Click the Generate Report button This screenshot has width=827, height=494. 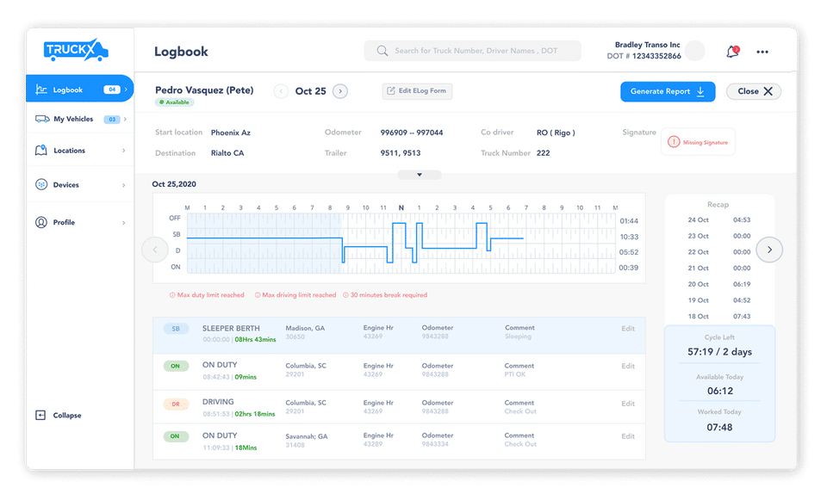[x=668, y=91]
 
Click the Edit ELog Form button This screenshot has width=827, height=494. [x=417, y=91]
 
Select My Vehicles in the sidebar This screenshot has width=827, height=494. [x=73, y=119]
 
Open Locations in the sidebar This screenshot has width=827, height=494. [x=69, y=151]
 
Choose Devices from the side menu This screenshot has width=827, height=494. [x=66, y=185]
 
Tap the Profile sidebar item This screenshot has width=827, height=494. [x=64, y=222]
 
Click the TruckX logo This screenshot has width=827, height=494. [x=76, y=52]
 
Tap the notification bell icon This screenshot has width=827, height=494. [x=732, y=52]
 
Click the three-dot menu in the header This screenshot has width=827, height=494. [x=762, y=52]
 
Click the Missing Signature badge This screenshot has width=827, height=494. [x=699, y=142]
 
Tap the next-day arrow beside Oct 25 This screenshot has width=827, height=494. [x=340, y=91]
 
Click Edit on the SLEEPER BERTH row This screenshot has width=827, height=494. [x=628, y=329]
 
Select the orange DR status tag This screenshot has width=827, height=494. [x=176, y=403]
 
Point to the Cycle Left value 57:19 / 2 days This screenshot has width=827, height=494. [x=720, y=353]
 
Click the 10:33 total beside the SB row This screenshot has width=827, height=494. [x=629, y=237]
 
